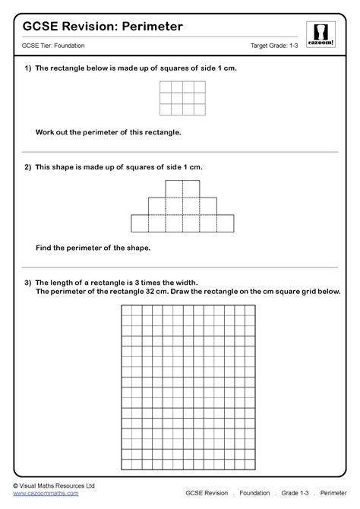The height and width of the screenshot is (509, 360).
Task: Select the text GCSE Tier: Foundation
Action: [53, 46]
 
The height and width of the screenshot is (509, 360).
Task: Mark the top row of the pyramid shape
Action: [182, 188]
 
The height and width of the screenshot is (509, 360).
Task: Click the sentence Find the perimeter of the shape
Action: [93, 248]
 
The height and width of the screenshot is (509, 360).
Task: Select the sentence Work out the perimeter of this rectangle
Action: [109, 131]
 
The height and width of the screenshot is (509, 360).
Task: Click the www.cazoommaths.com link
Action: [46, 494]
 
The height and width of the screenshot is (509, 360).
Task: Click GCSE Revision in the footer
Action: [207, 494]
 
